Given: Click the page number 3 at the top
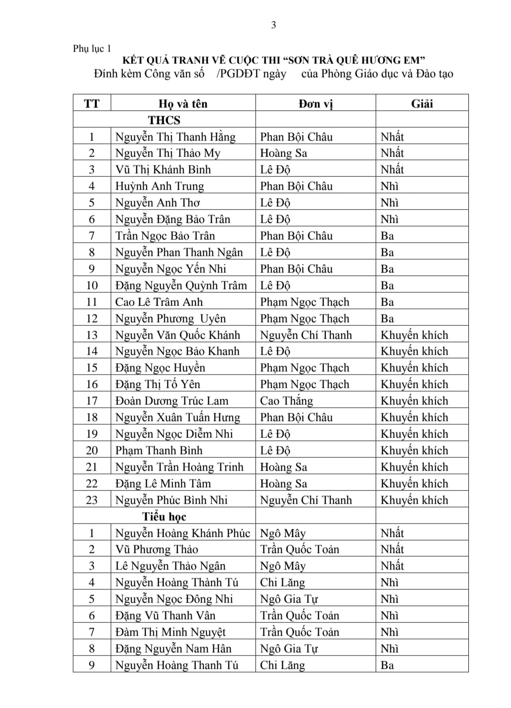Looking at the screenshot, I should [x=273, y=25].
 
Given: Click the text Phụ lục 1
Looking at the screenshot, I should [x=92, y=49].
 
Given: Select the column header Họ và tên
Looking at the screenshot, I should [x=183, y=104].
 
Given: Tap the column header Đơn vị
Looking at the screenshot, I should [x=316, y=104].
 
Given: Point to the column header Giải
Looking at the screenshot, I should [x=422, y=104].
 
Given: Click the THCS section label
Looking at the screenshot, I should [x=164, y=120].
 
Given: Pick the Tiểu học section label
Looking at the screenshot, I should [x=164, y=516].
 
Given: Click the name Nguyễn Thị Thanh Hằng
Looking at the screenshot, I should [x=176, y=137].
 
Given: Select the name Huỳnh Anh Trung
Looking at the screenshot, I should [x=159, y=186].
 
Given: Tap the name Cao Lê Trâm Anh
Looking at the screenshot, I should [x=159, y=302].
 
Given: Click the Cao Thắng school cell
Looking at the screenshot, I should [x=287, y=401].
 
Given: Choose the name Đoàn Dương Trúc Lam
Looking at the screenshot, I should [x=172, y=401].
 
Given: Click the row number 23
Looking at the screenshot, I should [x=92, y=500].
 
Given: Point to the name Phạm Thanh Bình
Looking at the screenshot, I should [x=159, y=450].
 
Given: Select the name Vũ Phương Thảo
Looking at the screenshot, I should [x=157, y=549].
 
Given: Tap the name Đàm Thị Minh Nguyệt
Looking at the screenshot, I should [x=170, y=632].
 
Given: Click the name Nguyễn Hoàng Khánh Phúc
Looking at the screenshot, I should [x=183, y=533].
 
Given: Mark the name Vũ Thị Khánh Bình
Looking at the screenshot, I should [x=163, y=169].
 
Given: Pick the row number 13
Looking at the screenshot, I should [x=92, y=335].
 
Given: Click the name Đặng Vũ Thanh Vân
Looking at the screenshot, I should [x=165, y=615].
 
